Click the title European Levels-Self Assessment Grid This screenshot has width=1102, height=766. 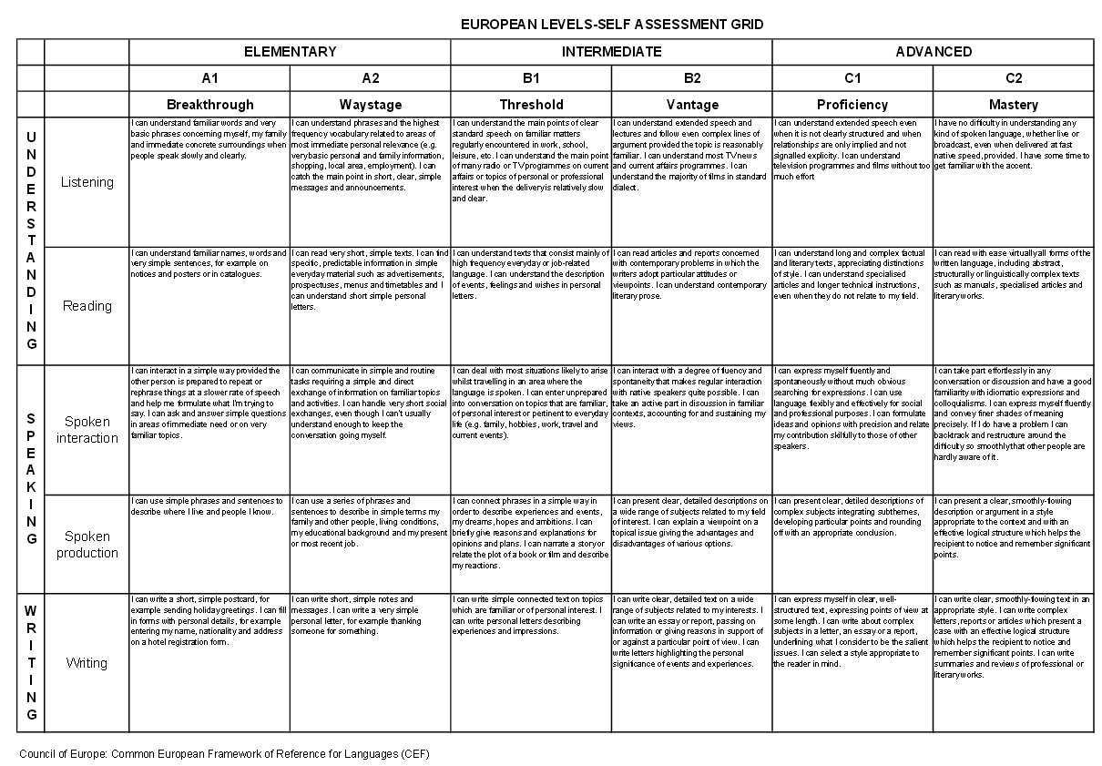[x=611, y=24]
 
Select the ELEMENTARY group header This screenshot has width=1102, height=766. [x=290, y=52]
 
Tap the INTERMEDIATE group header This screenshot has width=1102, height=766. [x=611, y=52]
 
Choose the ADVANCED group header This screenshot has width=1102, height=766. [x=933, y=52]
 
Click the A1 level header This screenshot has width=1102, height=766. [x=209, y=78]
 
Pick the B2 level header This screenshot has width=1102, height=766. [x=692, y=78]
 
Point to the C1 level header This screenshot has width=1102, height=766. [x=852, y=78]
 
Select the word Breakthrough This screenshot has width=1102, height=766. [x=209, y=105]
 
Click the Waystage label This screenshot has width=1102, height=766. [x=370, y=105]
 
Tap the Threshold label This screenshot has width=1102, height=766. [x=531, y=105]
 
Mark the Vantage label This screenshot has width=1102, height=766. [x=692, y=105]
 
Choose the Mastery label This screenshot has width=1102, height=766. [x=1013, y=105]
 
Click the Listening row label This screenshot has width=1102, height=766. [x=87, y=182]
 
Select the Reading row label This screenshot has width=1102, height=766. [x=87, y=306]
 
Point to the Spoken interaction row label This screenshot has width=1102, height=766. [x=87, y=430]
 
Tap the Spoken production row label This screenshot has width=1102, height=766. [x=87, y=545]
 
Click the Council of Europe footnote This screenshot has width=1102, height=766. [x=224, y=754]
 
